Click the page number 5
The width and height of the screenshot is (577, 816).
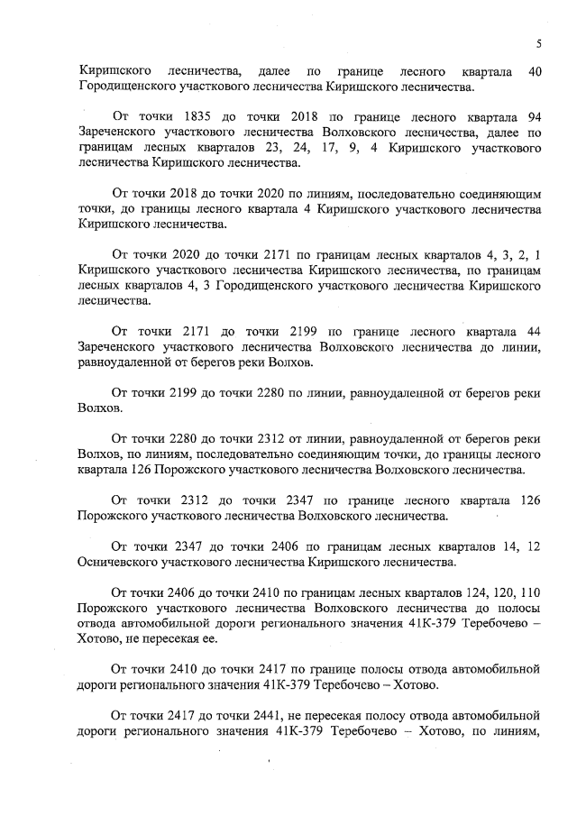tap(538, 43)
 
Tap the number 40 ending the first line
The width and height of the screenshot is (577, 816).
tap(533, 71)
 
